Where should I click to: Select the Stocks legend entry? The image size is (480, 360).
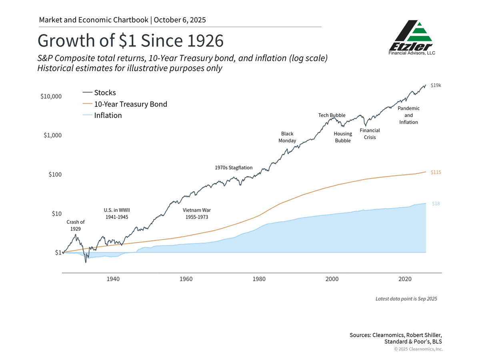[x=105, y=93]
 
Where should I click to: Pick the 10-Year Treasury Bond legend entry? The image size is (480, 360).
[x=130, y=104]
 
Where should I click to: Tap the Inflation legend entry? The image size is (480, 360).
[x=108, y=115]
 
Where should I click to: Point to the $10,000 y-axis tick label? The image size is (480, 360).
[x=51, y=96]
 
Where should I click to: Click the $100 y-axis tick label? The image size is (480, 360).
[x=55, y=175]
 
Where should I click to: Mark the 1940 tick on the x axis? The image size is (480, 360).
[x=113, y=279]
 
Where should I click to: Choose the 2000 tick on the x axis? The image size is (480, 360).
[x=332, y=279]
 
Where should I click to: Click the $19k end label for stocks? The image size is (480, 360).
[x=436, y=85]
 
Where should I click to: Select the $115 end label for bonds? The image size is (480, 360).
[x=436, y=172]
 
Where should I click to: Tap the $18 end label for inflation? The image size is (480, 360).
[x=436, y=203]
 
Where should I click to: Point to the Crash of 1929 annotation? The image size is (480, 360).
[x=76, y=225]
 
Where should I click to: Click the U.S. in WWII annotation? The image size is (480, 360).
[x=117, y=213]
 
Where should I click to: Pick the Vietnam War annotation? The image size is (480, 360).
[x=197, y=213]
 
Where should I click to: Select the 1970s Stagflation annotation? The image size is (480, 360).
[x=234, y=168]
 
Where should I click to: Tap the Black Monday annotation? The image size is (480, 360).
[x=287, y=137]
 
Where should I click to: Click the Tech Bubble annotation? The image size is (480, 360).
[x=332, y=115]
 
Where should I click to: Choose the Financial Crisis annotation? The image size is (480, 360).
[x=370, y=134]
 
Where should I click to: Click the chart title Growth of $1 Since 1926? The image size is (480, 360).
[x=130, y=41]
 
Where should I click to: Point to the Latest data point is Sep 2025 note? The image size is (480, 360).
[x=406, y=299]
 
